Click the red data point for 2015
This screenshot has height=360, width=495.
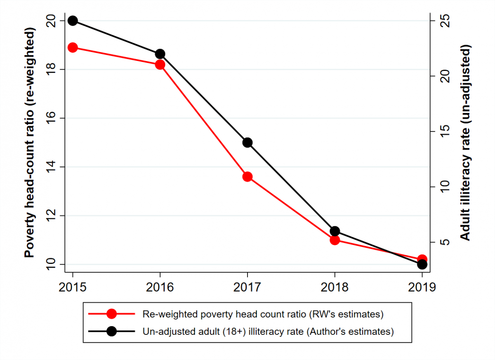tap(73, 47)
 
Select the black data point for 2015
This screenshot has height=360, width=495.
tap(73, 21)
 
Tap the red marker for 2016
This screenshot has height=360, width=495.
tap(160, 64)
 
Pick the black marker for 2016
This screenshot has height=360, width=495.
tap(160, 54)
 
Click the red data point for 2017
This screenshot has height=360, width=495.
tap(247, 176)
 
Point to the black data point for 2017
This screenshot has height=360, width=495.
tap(247, 143)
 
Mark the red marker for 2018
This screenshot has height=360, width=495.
tap(335, 240)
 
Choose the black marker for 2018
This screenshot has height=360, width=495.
tap(335, 231)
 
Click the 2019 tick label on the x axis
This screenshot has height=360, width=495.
tap(422, 287)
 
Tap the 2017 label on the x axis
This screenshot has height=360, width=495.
tap(247, 287)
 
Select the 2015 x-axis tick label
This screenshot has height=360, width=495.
tap(73, 287)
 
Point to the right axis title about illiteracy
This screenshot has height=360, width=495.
tap(465, 142)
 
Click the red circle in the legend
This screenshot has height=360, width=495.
tap(111, 314)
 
